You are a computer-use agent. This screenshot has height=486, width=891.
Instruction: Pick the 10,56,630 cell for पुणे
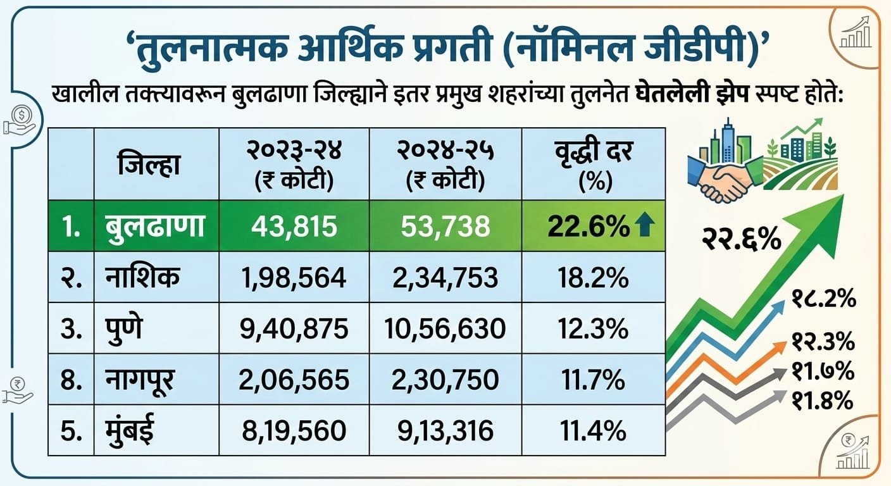[x=445, y=328]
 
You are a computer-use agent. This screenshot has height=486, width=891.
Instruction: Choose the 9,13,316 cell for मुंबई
[x=445, y=431]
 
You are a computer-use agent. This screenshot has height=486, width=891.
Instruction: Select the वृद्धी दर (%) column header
[x=593, y=165]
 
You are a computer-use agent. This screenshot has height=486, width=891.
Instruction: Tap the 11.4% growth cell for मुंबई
[x=593, y=431]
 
